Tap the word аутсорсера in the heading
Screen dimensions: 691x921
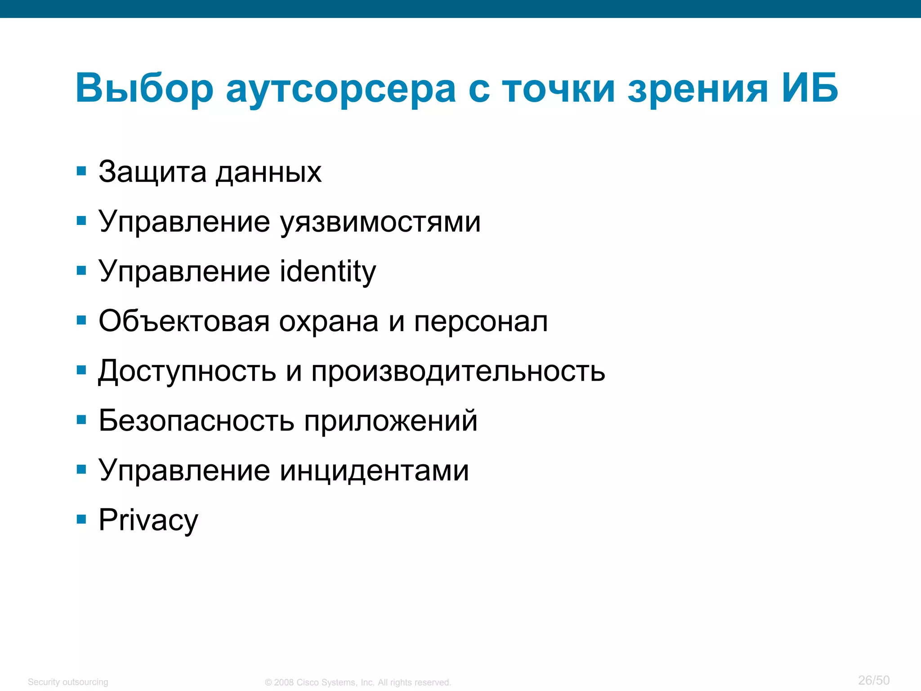[x=341, y=89]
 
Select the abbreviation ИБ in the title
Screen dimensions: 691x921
[x=809, y=88]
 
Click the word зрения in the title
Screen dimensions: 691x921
[x=697, y=89]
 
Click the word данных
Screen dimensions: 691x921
[x=268, y=173]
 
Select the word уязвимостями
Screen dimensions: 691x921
[x=380, y=222]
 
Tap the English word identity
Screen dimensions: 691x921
[x=328, y=272]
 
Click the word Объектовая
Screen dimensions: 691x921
[x=184, y=321]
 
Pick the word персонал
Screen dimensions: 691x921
[x=481, y=322]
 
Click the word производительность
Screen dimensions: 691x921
[x=458, y=372]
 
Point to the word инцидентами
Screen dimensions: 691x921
[x=375, y=471]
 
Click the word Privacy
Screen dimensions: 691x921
[x=148, y=520]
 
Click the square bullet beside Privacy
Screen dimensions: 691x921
[x=81, y=520]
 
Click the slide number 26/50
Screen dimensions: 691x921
[x=874, y=680]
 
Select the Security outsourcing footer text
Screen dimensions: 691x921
[x=68, y=682]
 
